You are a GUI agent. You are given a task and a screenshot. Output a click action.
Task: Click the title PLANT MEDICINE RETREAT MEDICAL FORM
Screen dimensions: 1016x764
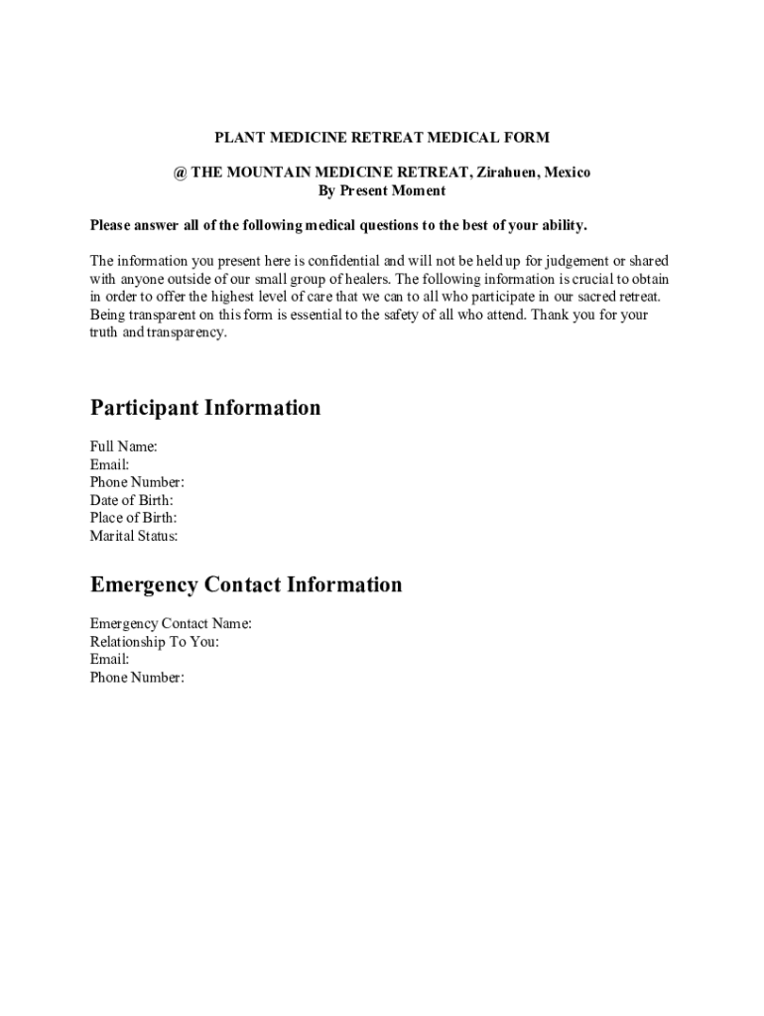pyautogui.click(x=382, y=137)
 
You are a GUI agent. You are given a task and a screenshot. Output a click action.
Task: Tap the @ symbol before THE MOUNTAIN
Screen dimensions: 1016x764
pyautogui.click(x=180, y=173)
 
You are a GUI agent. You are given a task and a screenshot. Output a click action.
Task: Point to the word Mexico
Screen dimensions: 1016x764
pyautogui.click(x=567, y=173)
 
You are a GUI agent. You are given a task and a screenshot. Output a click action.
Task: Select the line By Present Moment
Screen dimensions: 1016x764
pyautogui.click(x=382, y=190)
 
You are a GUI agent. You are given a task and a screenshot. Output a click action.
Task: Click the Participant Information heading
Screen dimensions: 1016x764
pyautogui.click(x=205, y=408)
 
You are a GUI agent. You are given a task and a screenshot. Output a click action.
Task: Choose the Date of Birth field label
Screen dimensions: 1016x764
pyautogui.click(x=132, y=500)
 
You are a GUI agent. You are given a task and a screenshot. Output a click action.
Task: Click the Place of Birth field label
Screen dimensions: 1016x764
pyautogui.click(x=134, y=518)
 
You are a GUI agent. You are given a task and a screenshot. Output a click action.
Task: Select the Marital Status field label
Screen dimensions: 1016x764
pyautogui.click(x=134, y=536)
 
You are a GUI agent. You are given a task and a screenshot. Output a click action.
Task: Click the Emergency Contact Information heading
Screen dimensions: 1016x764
pyautogui.click(x=246, y=584)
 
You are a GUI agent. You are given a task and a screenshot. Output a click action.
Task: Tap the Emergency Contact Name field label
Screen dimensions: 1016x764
pyautogui.click(x=171, y=624)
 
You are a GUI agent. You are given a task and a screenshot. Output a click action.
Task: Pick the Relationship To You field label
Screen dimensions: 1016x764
pyautogui.click(x=155, y=642)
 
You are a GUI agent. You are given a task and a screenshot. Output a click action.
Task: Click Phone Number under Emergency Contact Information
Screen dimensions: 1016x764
pyautogui.click(x=137, y=678)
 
